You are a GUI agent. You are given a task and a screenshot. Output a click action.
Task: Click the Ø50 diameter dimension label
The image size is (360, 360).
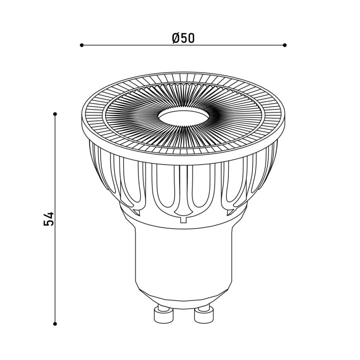pos(183,38)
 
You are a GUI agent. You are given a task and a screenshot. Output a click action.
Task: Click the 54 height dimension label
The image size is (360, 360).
pos(49,219)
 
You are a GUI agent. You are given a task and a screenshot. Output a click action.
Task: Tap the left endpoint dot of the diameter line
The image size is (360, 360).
pos(82,45)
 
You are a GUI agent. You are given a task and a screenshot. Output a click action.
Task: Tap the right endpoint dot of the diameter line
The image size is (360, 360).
pos(285,45)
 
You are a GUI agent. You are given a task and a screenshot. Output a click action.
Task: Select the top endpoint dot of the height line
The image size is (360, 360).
pos(55,114)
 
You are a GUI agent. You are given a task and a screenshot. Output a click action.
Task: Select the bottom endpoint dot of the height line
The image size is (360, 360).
pos(55,324)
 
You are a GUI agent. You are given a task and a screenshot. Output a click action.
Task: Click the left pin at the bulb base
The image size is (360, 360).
pos(163,315)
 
